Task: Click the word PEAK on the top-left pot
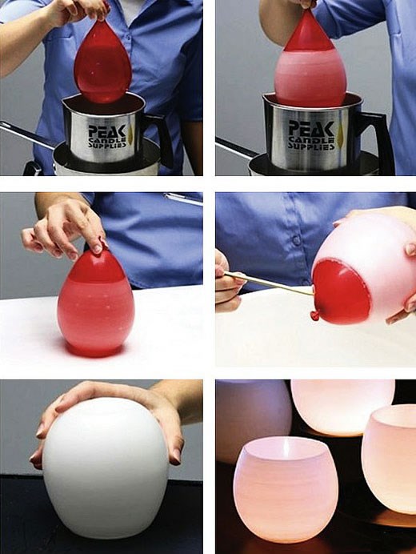107,130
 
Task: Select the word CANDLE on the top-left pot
107,140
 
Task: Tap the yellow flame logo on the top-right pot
341,135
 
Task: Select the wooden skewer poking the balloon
269,283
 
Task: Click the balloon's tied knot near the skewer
314,315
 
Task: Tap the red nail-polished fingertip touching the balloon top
97,249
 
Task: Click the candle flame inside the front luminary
286,448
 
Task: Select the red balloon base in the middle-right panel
341,292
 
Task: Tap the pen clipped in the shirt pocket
183,199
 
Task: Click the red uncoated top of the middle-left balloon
97,267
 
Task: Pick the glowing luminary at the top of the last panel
342,407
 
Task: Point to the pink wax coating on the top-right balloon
310,76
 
